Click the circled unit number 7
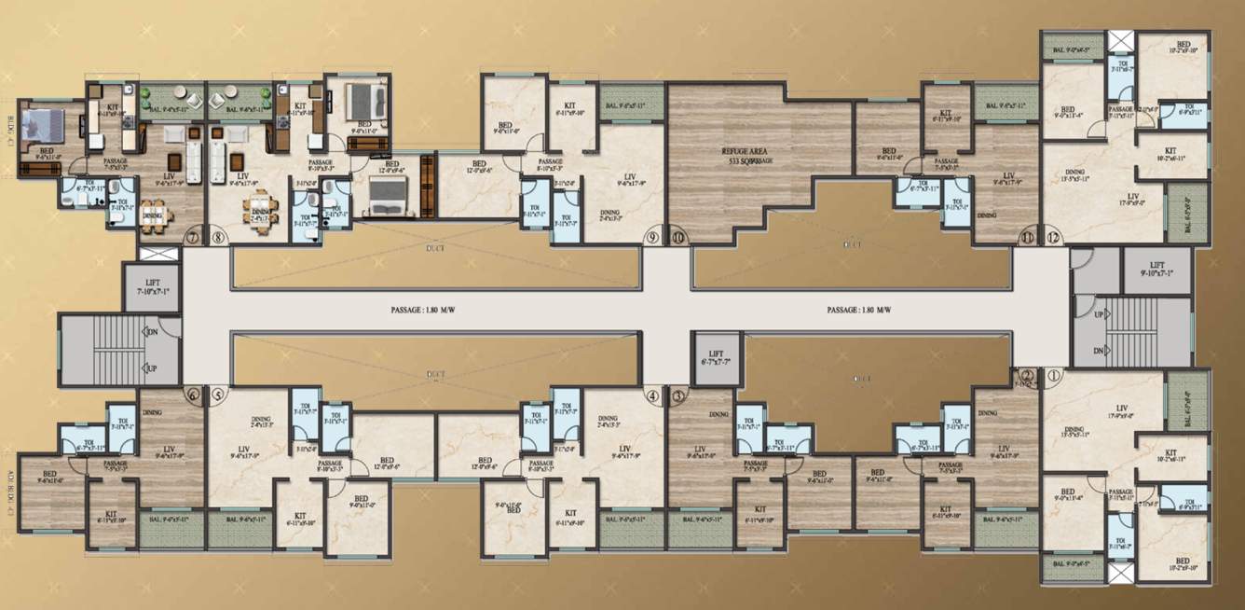(193, 237)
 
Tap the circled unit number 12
(1054, 237)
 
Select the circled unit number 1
(1054, 377)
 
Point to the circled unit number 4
(652, 395)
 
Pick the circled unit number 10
(677, 237)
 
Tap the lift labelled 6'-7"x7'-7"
(718, 358)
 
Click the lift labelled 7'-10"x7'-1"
(154, 287)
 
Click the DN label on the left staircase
(151, 331)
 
